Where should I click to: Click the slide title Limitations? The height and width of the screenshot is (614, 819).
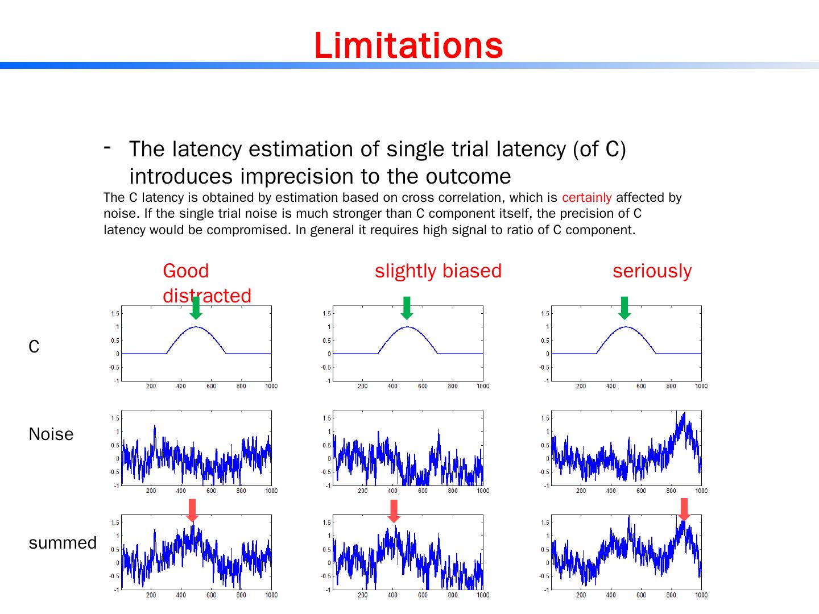click(408, 45)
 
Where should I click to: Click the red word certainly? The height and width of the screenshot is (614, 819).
click(586, 198)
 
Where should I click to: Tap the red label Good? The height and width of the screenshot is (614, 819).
click(185, 271)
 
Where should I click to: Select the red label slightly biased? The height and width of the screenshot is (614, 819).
click(438, 271)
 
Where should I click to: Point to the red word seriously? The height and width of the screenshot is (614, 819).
click(652, 271)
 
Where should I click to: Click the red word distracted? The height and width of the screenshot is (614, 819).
click(206, 296)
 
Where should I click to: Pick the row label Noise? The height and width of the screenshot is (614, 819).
click(51, 434)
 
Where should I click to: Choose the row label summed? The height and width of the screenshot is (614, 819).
click(63, 543)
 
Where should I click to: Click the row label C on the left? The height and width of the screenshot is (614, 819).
click(34, 347)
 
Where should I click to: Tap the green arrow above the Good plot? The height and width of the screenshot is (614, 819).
click(196, 308)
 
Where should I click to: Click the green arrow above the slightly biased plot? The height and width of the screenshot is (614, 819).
click(407, 308)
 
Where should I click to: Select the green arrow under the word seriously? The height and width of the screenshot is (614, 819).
click(624, 308)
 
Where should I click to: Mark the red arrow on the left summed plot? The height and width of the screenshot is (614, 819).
click(192, 510)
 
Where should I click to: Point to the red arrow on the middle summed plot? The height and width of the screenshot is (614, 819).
click(394, 511)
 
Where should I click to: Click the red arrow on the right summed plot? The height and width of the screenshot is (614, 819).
click(684, 509)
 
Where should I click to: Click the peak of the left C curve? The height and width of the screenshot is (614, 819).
click(196, 327)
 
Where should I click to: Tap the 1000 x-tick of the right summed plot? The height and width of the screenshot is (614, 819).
click(701, 595)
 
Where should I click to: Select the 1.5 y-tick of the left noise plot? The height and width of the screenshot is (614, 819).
click(115, 418)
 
